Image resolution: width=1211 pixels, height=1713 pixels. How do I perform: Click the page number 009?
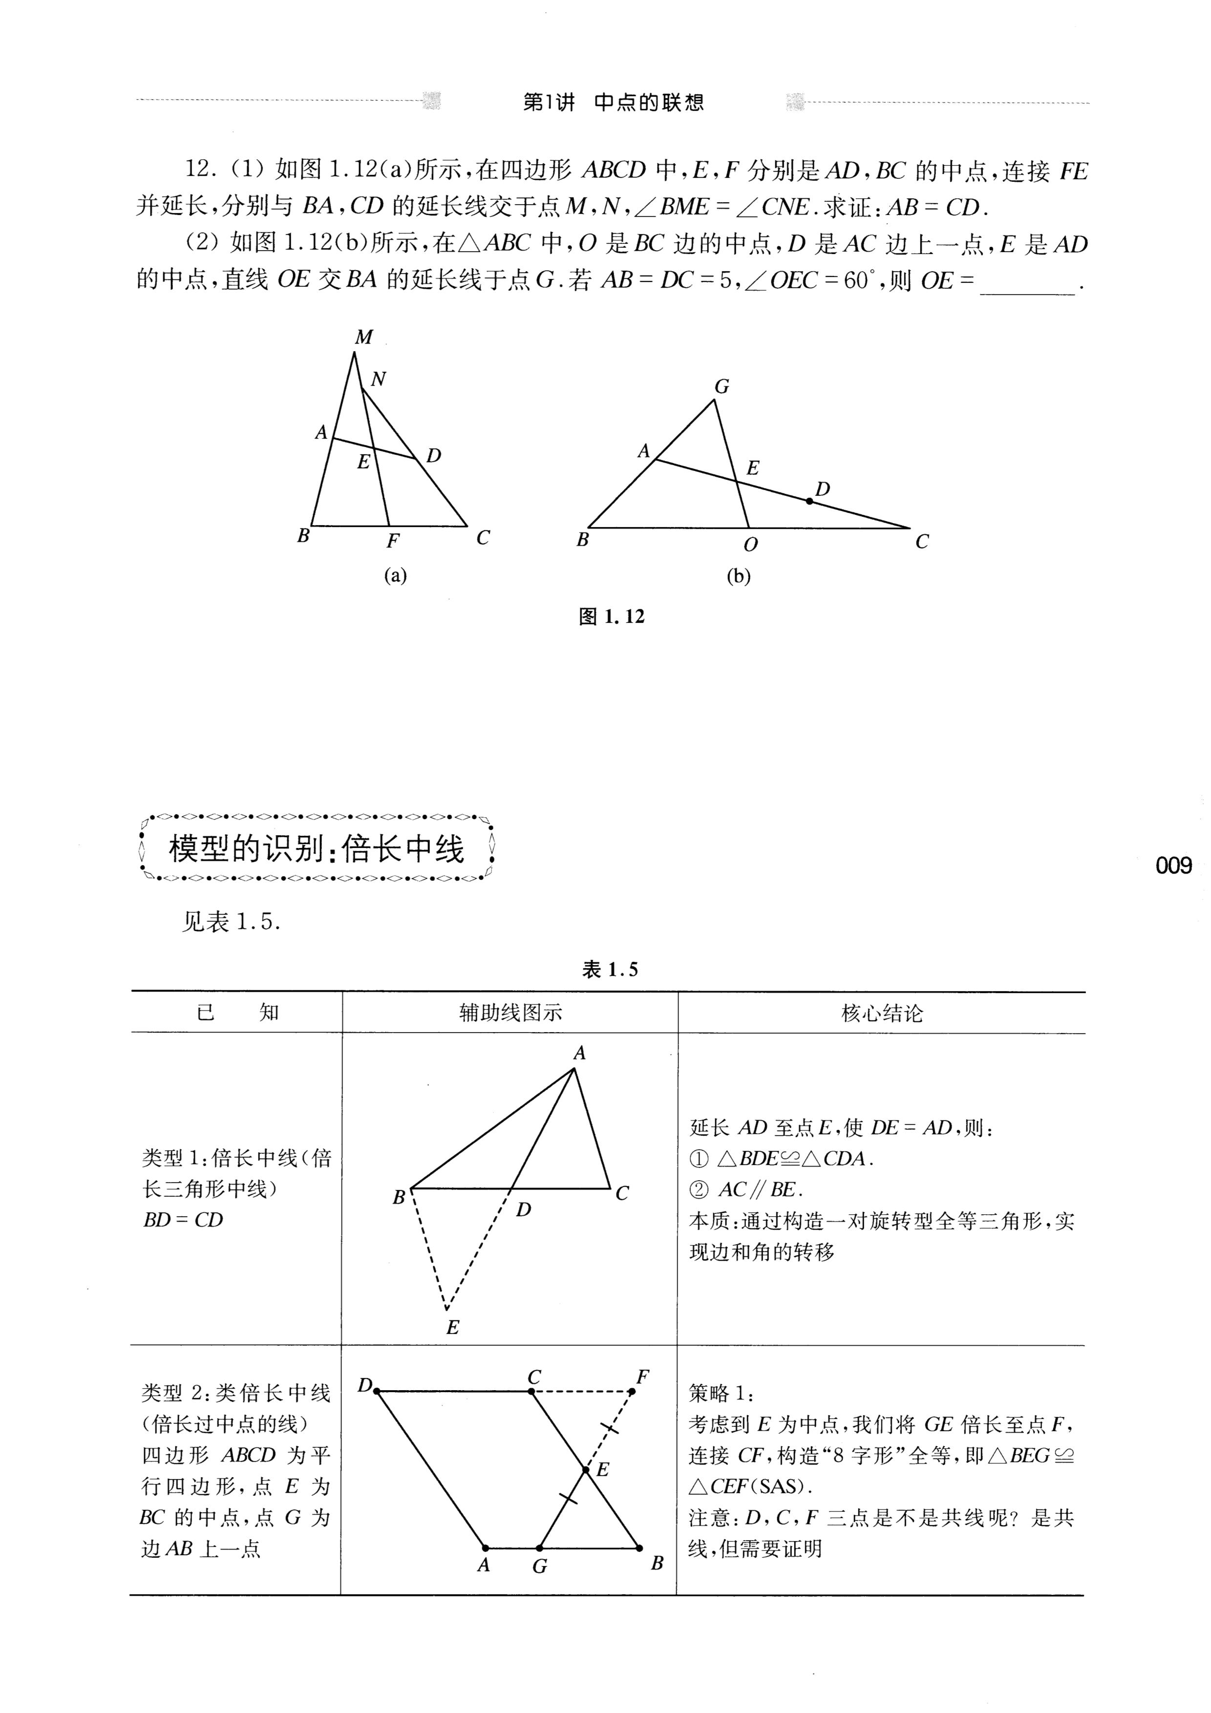click(x=1174, y=866)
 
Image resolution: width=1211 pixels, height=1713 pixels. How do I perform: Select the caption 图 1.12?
click(x=611, y=616)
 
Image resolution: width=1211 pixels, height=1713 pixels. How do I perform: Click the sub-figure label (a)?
click(x=395, y=575)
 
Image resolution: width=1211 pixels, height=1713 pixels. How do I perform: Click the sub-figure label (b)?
click(x=738, y=576)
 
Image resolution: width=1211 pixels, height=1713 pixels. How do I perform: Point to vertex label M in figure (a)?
click(x=363, y=337)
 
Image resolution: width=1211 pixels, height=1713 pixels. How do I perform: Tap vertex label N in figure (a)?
click(x=378, y=379)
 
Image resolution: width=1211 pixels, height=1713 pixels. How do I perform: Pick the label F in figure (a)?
click(x=392, y=541)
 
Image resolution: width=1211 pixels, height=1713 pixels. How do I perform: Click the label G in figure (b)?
click(x=722, y=386)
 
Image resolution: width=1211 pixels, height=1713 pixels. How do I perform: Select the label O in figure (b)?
click(x=751, y=545)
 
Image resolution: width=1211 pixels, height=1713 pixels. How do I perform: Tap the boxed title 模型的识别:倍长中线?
click(x=317, y=849)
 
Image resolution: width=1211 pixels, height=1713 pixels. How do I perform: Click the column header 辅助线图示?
click(x=510, y=1013)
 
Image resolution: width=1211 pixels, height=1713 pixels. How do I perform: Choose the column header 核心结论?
click(x=882, y=1013)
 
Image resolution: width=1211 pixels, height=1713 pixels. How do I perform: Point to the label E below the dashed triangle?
click(x=452, y=1327)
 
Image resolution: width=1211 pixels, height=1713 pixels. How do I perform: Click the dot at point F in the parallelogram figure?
click(x=631, y=1392)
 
